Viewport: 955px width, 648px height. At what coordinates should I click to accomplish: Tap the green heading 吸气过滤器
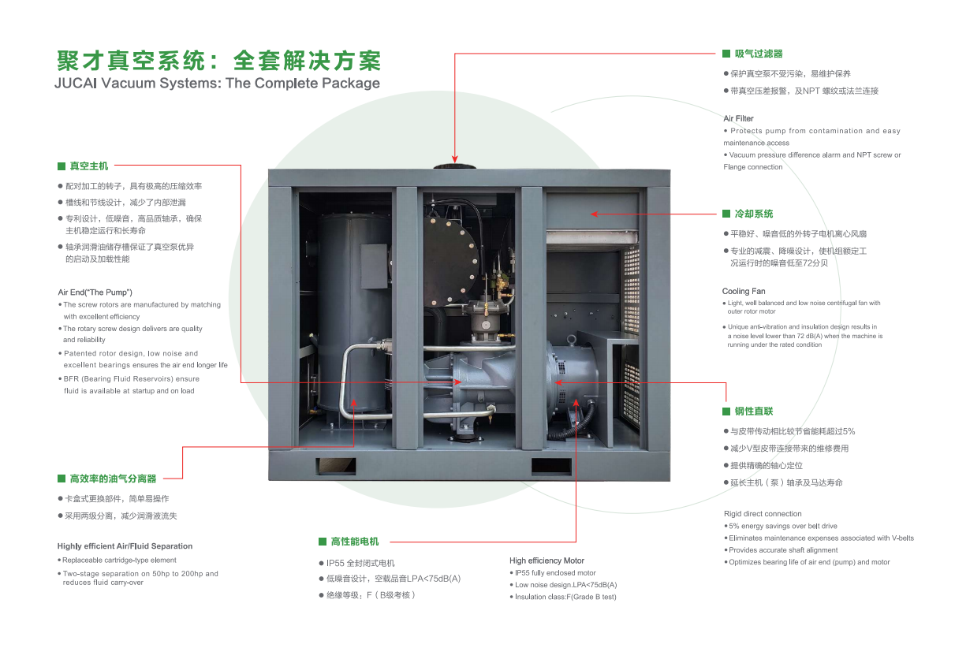pos(759,54)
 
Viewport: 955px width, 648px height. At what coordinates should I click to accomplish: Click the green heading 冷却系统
pos(754,214)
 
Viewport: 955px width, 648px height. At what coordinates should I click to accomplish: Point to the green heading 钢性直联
pos(754,412)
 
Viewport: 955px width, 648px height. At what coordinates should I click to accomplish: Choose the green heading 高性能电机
pos(355,542)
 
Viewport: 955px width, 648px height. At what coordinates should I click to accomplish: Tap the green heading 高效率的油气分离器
pos(113,479)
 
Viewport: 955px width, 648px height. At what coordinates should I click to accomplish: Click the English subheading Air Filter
pos(738,118)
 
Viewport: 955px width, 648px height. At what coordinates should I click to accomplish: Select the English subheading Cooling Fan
pos(744,292)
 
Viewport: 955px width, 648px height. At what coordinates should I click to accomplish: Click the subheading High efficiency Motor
pos(547,560)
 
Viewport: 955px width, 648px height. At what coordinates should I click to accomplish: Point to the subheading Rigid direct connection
pos(763,514)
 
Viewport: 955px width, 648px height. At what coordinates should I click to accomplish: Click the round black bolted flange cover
pos(451,249)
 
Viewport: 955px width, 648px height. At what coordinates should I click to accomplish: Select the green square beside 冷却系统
pos(728,214)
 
